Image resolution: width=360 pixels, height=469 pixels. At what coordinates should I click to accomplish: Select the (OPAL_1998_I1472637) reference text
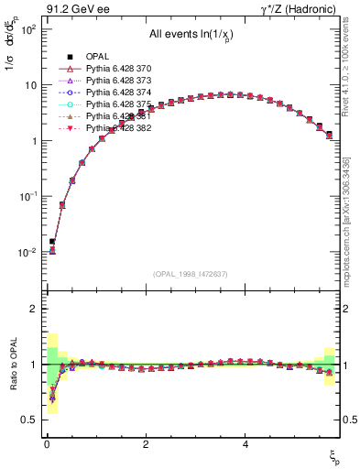click(x=190, y=274)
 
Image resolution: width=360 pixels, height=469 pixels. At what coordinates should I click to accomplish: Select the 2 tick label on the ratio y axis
click(x=32, y=309)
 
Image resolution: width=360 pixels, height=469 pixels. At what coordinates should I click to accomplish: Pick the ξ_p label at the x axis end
click(x=334, y=457)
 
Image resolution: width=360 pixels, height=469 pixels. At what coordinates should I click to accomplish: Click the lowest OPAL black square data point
click(x=52, y=242)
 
